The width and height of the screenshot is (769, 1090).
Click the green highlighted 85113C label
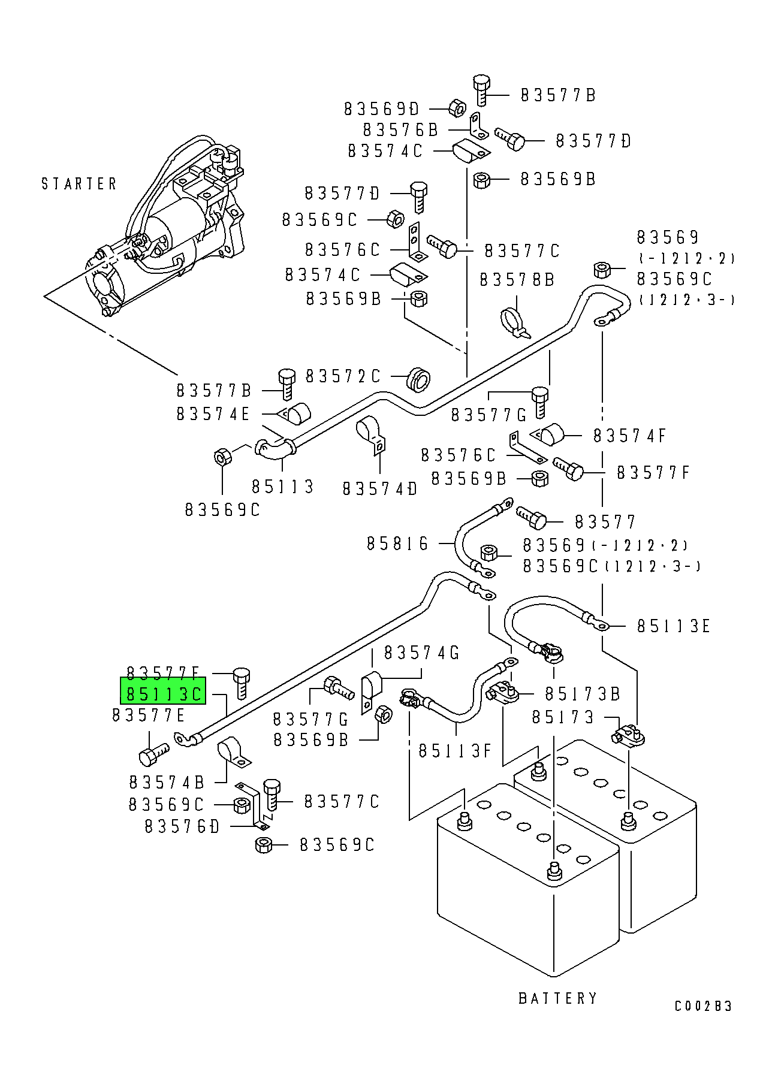[x=164, y=693]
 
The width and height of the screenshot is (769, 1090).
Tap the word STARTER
[x=79, y=183]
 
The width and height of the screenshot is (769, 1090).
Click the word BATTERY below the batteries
[x=557, y=998]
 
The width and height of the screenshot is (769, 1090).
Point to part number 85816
[x=398, y=544]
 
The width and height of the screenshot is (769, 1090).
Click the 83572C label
[x=343, y=376]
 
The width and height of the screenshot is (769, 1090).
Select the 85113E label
[x=673, y=626]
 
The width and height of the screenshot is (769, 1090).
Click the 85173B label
[x=583, y=694]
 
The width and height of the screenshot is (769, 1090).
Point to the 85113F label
[x=455, y=751]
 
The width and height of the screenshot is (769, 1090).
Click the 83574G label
[x=421, y=653]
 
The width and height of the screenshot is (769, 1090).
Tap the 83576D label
[x=182, y=827]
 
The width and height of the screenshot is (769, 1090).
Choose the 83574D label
[x=380, y=489]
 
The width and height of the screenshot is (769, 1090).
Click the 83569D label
[x=382, y=109]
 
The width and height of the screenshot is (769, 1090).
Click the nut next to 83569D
[x=457, y=108]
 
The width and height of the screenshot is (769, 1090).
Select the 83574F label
[x=629, y=436]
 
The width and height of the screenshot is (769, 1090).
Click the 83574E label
[x=213, y=414]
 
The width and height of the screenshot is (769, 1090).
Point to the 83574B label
[x=167, y=782]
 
